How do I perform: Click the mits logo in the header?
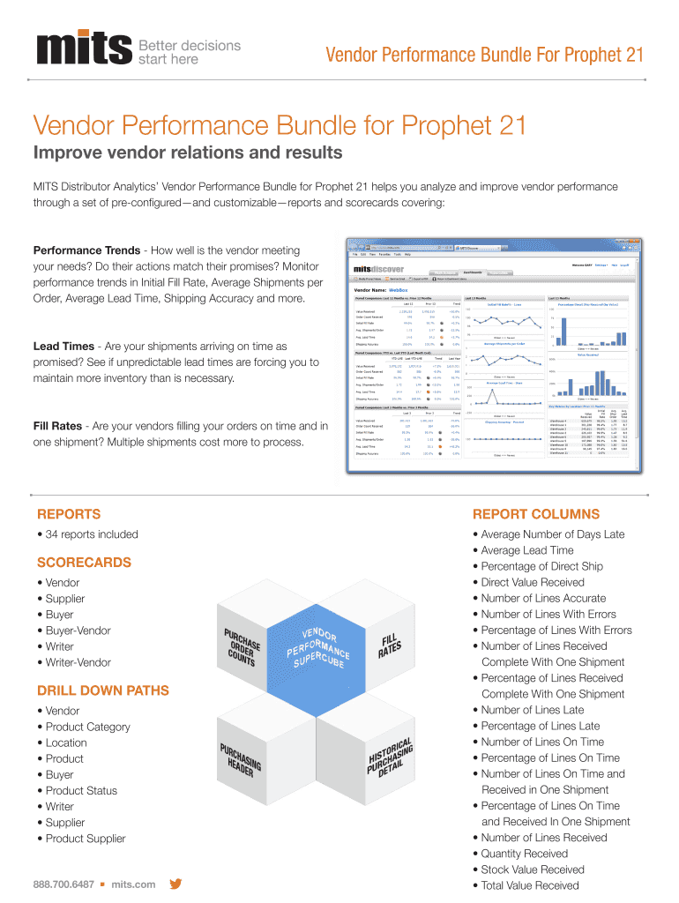click(84, 52)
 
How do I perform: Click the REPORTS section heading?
click(69, 514)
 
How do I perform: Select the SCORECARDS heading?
click(84, 563)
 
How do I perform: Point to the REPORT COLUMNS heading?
click(536, 514)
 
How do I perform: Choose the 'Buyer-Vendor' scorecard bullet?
click(78, 631)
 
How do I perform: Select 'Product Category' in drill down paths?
click(87, 727)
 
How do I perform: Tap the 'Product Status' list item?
click(81, 790)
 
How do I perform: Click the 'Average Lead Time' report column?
click(527, 550)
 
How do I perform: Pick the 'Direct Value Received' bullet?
click(533, 582)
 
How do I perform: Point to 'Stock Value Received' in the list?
click(533, 869)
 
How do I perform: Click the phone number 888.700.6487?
click(63, 884)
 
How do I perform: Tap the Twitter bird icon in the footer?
click(175, 884)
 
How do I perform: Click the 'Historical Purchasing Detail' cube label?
click(390, 755)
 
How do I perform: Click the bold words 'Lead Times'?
click(63, 347)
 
